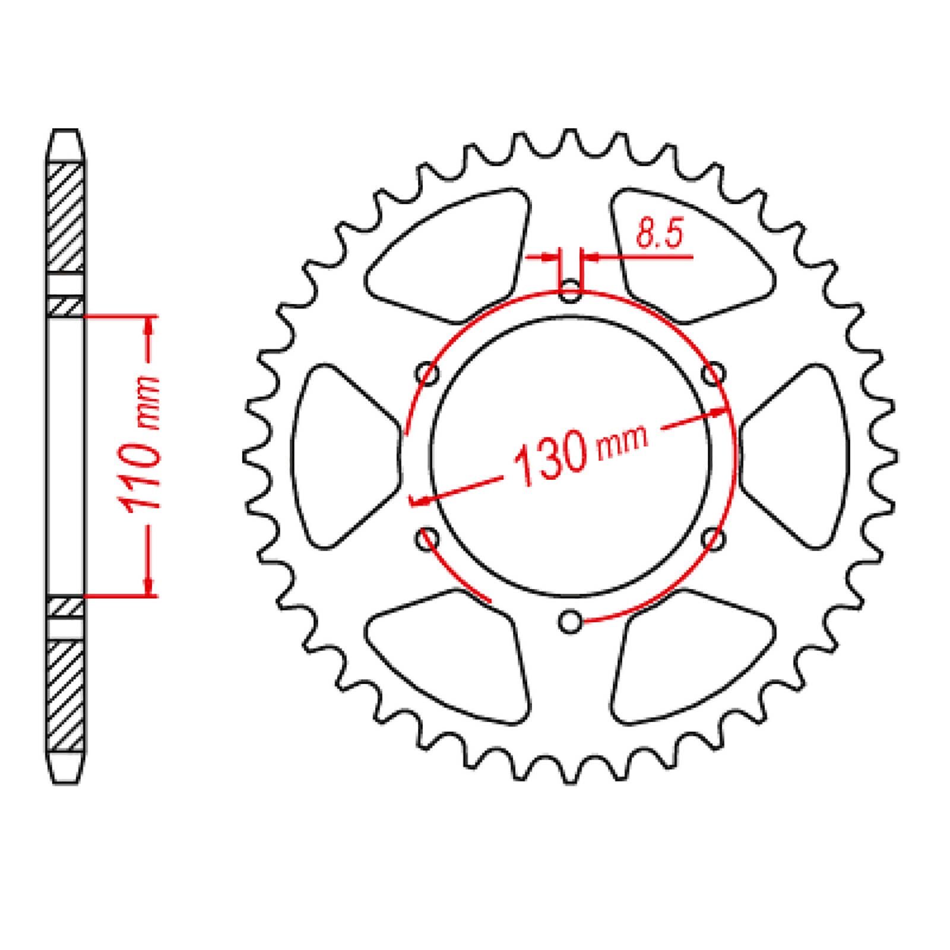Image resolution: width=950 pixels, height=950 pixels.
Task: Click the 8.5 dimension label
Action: click(x=657, y=233)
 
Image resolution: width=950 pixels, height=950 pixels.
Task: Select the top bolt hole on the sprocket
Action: click(x=571, y=291)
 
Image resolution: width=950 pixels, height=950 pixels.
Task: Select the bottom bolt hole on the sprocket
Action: click(x=571, y=622)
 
